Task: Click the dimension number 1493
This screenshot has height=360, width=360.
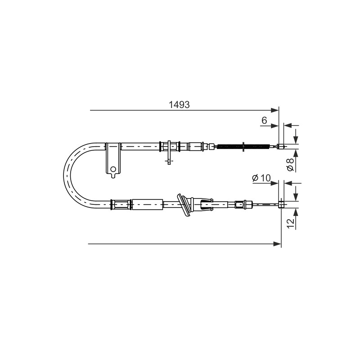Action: pos(179,105)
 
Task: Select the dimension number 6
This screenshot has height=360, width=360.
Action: pos(265,120)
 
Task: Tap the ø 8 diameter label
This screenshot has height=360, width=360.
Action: pos(291,164)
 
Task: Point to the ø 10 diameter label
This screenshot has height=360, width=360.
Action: pos(261,178)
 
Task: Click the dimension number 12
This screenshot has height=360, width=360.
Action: pos(291,224)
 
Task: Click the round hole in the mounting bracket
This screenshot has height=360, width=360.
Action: pos(113,170)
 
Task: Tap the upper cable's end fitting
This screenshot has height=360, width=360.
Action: pos(281,146)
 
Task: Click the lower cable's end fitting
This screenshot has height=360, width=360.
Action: pos(281,204)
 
